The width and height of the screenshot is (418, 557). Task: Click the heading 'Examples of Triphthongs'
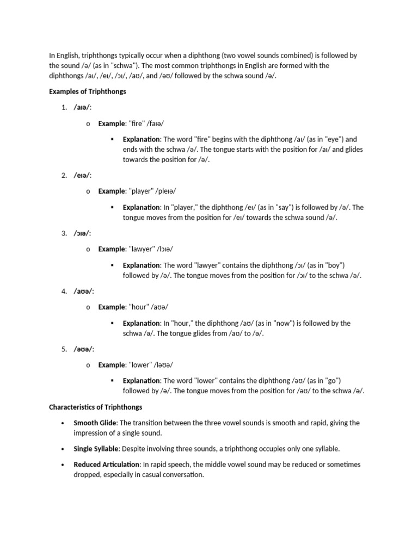click(87, 91)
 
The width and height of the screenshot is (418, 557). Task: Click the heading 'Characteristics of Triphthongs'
click(96, 406)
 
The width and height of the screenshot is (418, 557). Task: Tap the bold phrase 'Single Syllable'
click(96, 449)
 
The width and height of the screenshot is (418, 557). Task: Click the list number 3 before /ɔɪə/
click(64, 233)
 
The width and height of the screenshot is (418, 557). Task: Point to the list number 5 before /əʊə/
click(64, 349)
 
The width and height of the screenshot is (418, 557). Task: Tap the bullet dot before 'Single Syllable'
click(63, 449)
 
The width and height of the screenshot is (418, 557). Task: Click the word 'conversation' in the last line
click(184, 474)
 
